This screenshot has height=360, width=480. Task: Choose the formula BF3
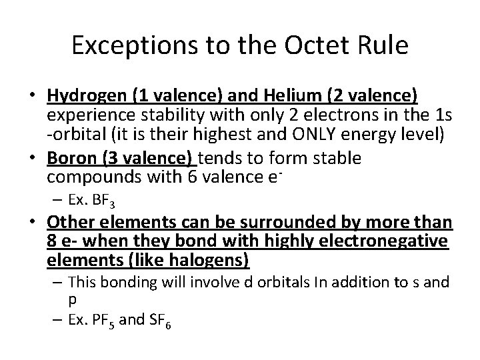(x=98, y=200)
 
